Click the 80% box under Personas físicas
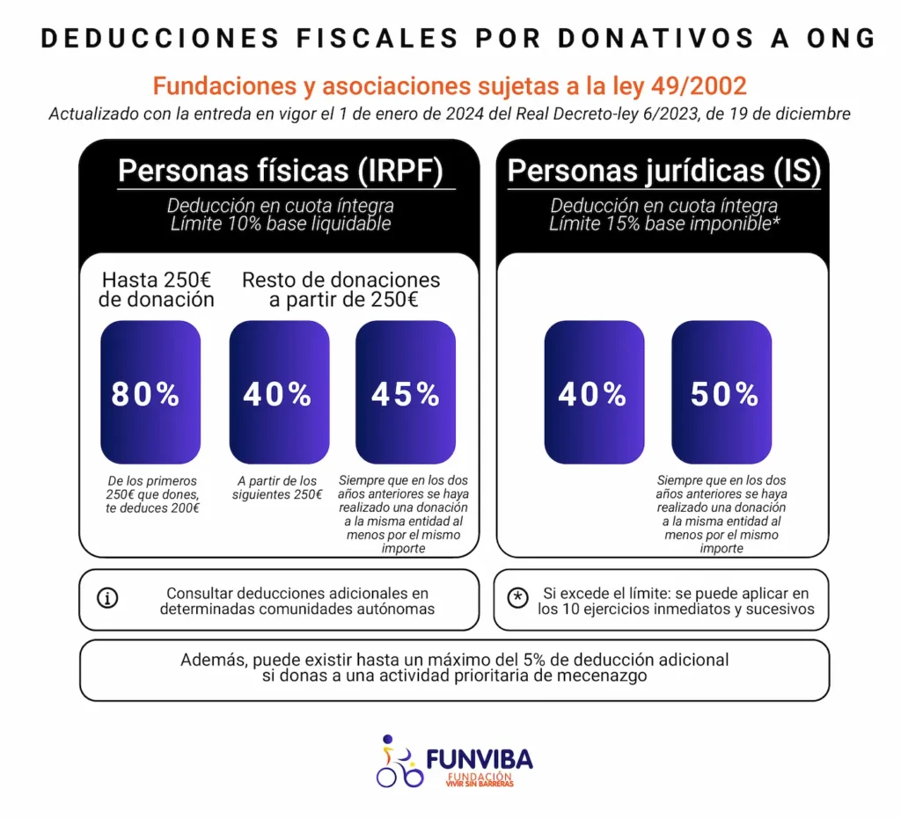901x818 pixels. [150, 392]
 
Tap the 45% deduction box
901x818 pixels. [405, 392]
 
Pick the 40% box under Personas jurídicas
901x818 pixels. [593, 392]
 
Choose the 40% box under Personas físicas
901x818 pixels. [279, 392]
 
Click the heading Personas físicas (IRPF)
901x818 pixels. [280, 171]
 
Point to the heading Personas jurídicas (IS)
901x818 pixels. [663, 171]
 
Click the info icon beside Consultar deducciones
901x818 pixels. [107, 598]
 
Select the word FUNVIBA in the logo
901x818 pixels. [479, 758]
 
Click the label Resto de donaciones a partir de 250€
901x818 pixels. [341, 289]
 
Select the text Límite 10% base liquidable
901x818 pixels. [280, 223]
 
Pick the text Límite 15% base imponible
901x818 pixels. [663, 223]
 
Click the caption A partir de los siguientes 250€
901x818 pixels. [278, 487]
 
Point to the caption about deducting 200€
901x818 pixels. [152, 495]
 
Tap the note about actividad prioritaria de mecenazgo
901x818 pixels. [454, 668]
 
